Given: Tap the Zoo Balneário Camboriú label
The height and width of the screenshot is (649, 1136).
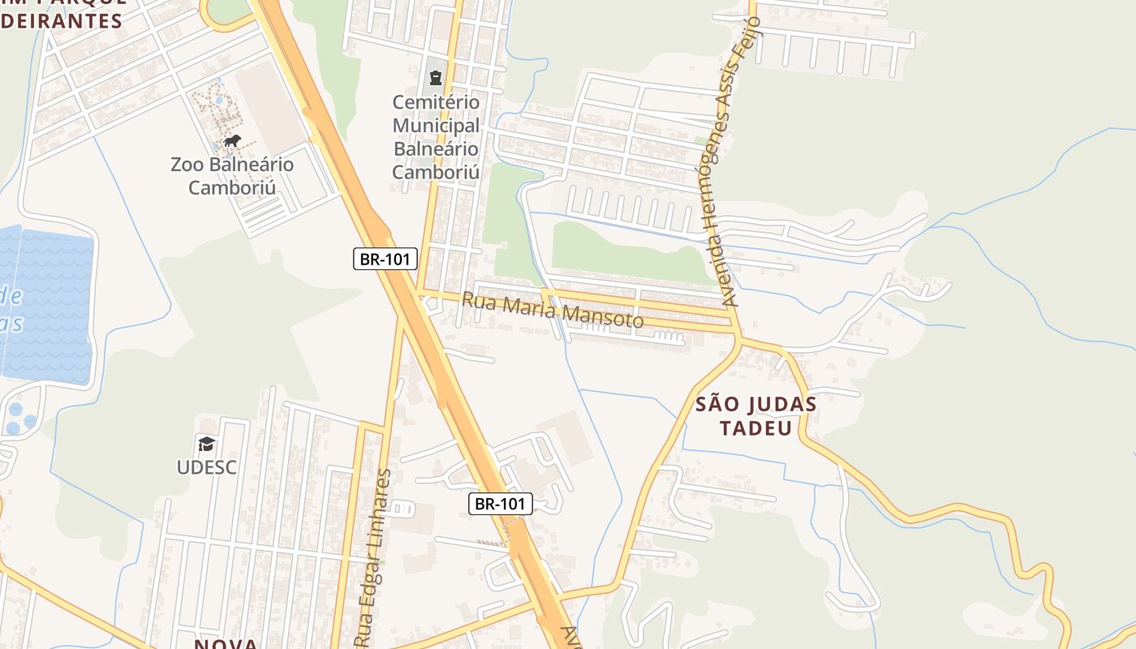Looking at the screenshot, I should [x=232, y=176].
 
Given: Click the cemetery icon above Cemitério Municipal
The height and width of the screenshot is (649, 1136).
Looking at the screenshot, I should [x=437, y=79].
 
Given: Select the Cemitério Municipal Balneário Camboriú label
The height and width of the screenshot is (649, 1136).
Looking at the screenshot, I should [x=437, y=137].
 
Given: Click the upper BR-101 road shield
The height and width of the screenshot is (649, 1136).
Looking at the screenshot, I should [x=385, y=260].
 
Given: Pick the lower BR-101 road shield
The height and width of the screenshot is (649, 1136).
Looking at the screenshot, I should [x=501, y=504].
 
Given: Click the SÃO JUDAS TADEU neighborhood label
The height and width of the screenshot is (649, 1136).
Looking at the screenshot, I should [x=756, y=415].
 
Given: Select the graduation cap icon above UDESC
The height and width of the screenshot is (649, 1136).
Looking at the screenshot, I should [x=206, y=445].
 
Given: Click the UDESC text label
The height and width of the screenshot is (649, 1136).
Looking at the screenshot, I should [x=207, y=467].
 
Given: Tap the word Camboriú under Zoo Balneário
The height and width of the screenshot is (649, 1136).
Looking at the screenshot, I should [x=232, y=188].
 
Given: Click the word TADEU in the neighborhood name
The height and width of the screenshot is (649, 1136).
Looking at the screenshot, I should [x=756, y=428].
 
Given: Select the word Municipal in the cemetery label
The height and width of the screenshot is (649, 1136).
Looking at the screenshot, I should [x=437, y=126].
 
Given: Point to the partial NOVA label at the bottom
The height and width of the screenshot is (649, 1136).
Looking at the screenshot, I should [x=226, y=643].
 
